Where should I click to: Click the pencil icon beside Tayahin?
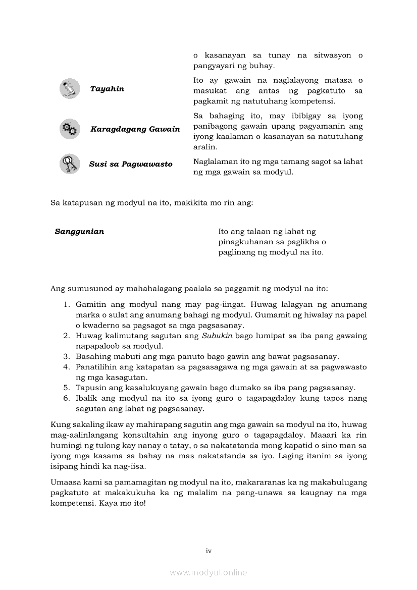[70, 88]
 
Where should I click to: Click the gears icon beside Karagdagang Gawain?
[70, 129]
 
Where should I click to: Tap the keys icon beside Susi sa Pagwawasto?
[70, 164]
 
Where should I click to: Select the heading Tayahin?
[107, 89]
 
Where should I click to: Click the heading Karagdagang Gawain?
[135, 129]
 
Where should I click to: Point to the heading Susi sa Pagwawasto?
[131, 164]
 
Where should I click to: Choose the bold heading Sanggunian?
[79, 232]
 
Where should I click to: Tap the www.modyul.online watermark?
[209, 573]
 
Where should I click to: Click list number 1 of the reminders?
[66, 305]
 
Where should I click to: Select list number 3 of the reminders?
[66, 356]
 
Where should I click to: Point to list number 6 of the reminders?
[66, 398]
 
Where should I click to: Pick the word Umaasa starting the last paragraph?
[65, 483]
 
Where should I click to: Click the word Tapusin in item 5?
[89, 388]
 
